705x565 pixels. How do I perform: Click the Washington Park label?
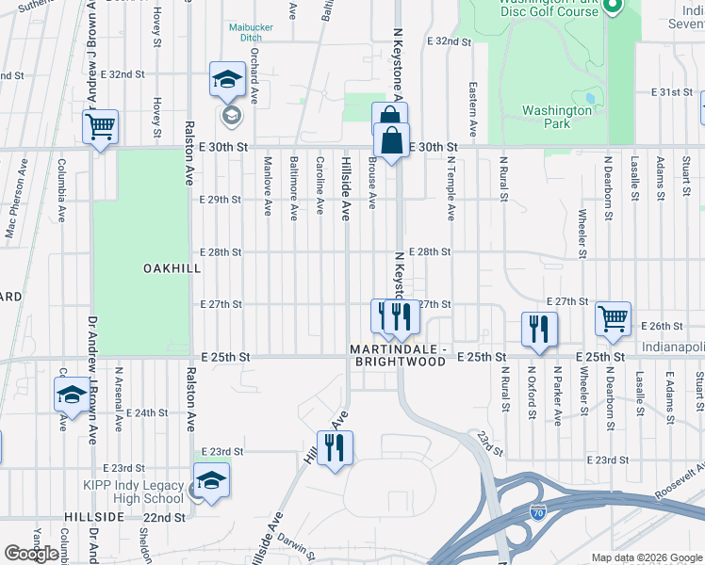pyautogui.click(x=558, y=117)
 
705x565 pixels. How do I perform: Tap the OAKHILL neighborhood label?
pyautogui.click(x=172, y=268)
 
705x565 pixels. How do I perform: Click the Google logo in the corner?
pyautogui.click(x=32, y=554)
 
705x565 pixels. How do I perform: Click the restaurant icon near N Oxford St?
pyautogui.click(x=540, y=328)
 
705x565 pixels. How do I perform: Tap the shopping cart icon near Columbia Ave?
pyautogui.click(x=100, y=126)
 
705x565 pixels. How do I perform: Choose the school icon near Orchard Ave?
pyautogui.click(x=227, y=82)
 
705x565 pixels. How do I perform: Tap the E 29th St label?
pyautogui.click(x=221, y=200)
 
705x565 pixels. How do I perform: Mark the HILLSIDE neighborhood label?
pyautogui.click(x=94, y=518)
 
